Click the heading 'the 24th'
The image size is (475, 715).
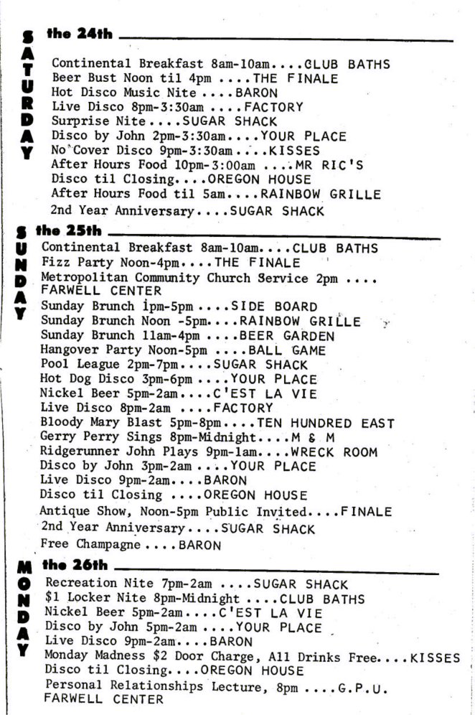[79, 34]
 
